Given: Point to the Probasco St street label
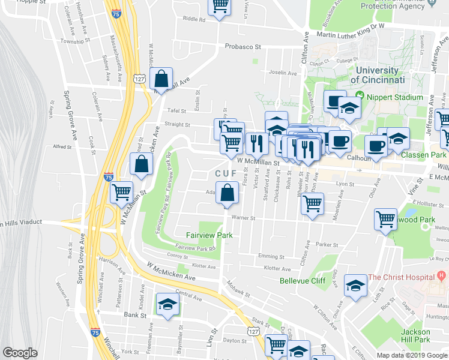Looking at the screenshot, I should tap(243, 46).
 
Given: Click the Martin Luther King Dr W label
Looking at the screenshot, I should tap(350, 26).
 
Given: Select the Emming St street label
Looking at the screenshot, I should tap(270, 256).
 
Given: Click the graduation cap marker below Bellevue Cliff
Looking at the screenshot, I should tap(356, 287).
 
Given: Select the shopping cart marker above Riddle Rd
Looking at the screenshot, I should tap(220, 6).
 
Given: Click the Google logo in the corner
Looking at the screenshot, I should tap(20, 353).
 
